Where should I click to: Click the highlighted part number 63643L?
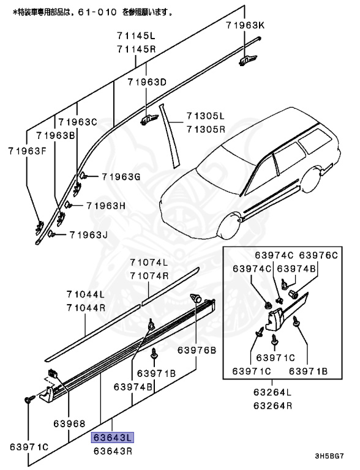113,438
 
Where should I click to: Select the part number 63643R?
113,452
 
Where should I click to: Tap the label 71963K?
245,25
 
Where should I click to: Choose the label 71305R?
206,129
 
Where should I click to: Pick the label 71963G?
121,177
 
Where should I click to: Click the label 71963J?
88,234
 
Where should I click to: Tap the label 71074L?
148,262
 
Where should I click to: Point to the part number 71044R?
86,308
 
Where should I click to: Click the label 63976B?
197,351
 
